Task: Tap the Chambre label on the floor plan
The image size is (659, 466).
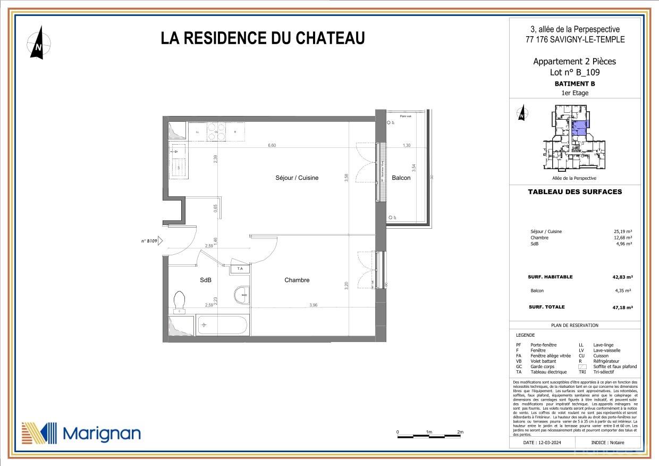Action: coord(297,280)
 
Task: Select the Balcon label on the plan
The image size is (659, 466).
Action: coord(401,178)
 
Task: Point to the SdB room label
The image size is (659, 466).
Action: coord(206,280)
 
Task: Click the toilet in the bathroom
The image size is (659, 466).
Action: coord(179,301)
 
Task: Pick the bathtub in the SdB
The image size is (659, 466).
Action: coord(222,324)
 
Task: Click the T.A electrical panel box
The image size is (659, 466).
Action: coord(240,269)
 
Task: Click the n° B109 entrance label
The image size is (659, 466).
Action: coord(149,241)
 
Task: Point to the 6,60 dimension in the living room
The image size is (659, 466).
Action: coord(272,145)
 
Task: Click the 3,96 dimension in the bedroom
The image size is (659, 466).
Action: coord(313,305)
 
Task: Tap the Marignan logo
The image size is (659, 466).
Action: coord(81,433)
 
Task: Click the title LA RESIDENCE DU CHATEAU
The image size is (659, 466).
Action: coord(263,38)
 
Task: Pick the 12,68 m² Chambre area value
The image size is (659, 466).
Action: coord(623,238)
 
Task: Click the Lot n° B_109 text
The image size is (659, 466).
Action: coord(574,72)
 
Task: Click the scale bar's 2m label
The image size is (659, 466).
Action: coord(460,432)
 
